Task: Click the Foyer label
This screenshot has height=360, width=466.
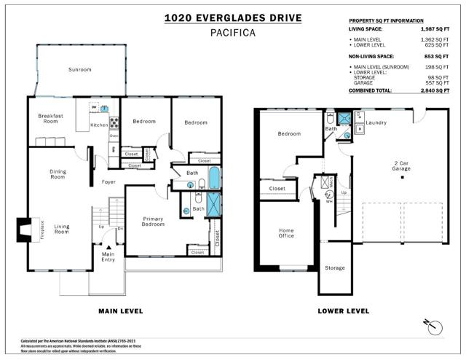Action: [x=108, y=181]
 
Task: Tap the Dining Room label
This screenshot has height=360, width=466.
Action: [x=58, y=174]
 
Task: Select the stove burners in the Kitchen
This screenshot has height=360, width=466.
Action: [x=114, y=122]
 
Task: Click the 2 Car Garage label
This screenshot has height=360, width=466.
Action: [x=401, y=165]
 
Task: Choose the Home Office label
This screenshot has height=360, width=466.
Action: [x=286, y=233]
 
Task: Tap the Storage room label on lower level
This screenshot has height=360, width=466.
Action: [x=334, y=268]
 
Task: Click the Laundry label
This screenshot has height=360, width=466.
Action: [x=376, y=122]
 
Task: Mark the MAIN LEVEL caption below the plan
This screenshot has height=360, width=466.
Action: [x=120, y=311]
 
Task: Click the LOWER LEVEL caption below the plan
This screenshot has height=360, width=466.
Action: [x=343, y=311]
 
